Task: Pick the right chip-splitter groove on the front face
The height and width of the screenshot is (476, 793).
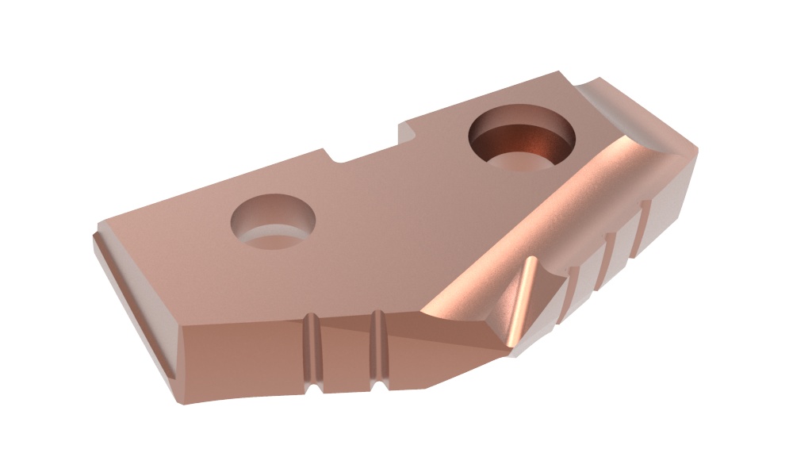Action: (379, 349)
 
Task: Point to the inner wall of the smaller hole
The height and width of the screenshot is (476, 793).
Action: (270, 235)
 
